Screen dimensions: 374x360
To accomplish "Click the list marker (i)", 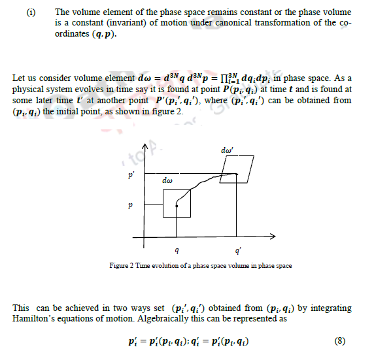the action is (31, 12).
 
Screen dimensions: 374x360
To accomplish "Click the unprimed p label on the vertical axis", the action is (131, 205).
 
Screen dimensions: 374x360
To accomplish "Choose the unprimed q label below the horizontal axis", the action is (177, 250).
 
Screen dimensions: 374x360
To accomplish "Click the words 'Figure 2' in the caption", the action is (124, 266).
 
